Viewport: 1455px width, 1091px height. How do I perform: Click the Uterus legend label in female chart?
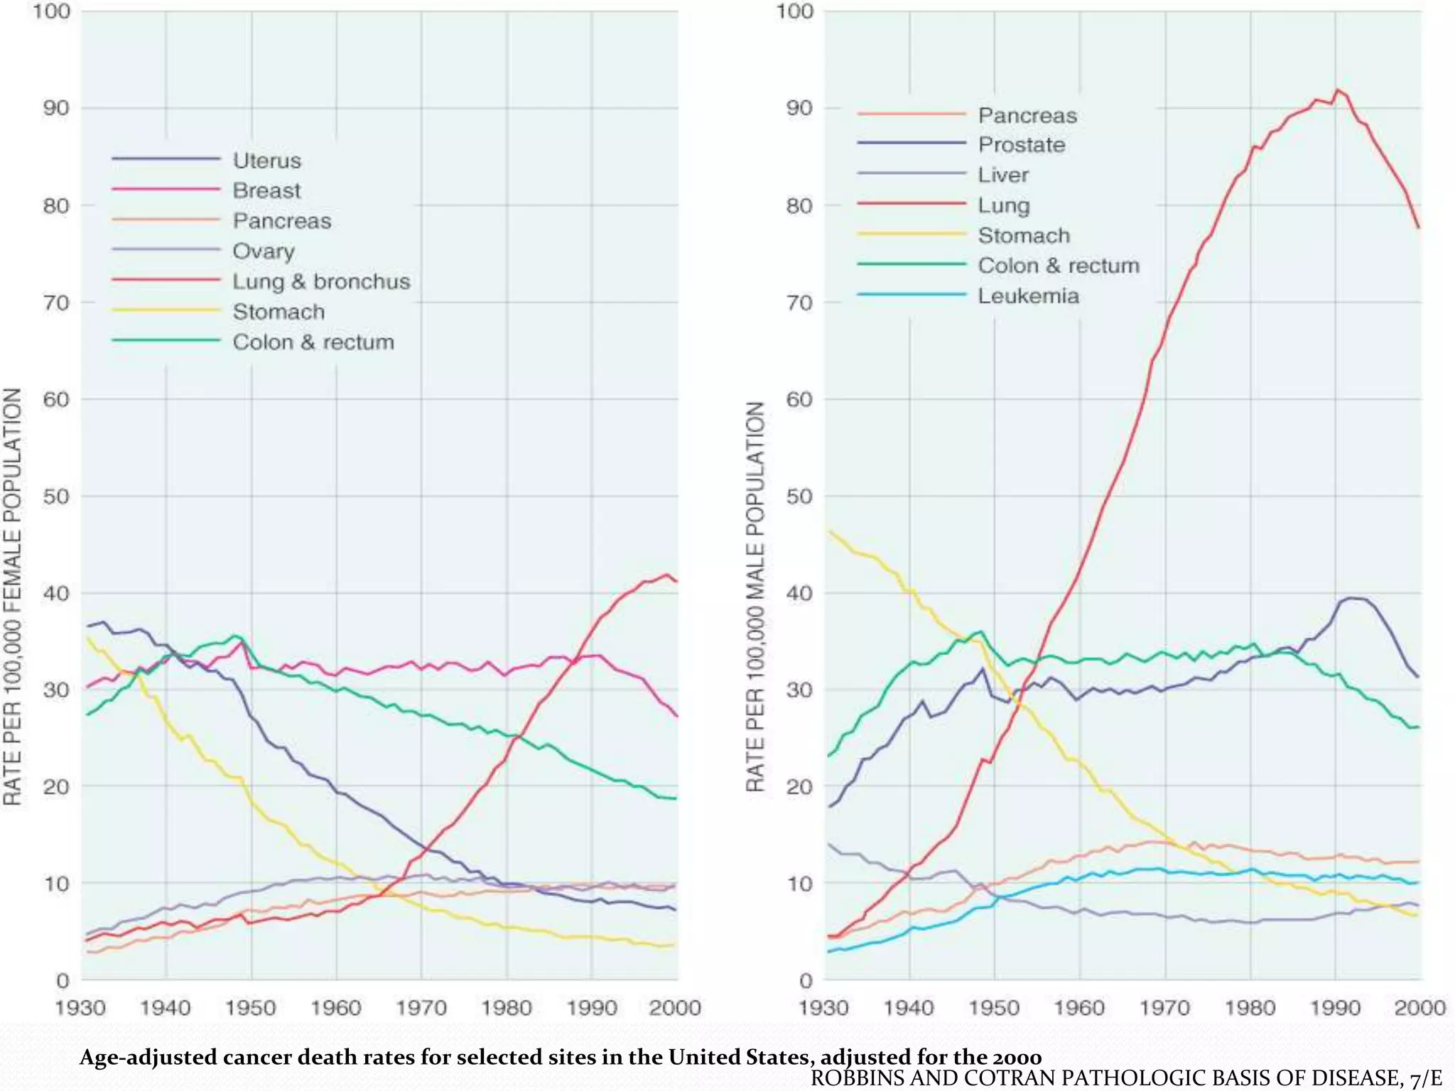(x=266, y=161)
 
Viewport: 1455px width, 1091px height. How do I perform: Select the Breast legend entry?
(x=266, y=190)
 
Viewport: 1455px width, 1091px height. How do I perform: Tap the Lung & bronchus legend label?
(x=321, y=281)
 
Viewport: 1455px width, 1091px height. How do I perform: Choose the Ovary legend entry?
(x=263, y=251)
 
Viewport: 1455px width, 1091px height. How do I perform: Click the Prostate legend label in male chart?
(x=1021, y=145)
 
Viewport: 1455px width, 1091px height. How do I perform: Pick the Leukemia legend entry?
(x=1028, y=295)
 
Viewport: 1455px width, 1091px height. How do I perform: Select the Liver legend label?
(x=1002, y=175)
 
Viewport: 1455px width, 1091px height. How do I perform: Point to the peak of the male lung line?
(x=1338, y=90)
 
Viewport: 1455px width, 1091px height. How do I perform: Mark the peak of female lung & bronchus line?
(x=666, y=575)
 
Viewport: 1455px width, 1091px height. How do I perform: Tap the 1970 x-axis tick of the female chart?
(x=421, y=1007)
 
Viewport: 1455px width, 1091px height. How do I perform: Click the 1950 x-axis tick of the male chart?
(x=994, y=1007)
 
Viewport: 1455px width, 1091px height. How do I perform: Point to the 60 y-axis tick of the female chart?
(x=56, y=399)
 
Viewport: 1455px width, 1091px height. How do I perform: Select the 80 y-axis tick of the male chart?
(x=799, y=206)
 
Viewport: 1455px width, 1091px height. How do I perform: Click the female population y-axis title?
(x=13, y=597)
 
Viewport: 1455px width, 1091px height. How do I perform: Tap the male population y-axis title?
(x=755, y=597)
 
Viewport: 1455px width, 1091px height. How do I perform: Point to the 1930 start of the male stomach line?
(x=829, y=530)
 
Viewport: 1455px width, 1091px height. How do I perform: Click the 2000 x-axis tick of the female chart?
(x=675, y=1007)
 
